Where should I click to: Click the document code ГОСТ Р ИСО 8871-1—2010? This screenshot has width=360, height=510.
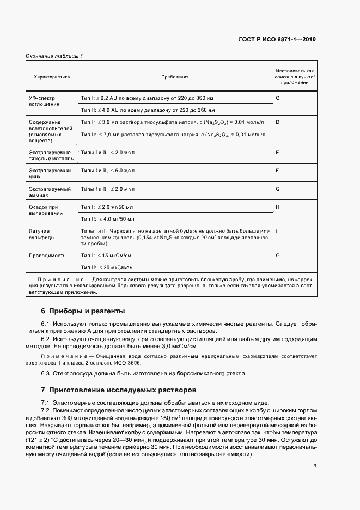pyautogui.click(x=277, y=39)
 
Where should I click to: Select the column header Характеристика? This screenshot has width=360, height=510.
pyautogui.click(x=52, y=77)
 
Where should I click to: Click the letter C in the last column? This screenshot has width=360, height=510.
pyautogui.click(x=278, y=97)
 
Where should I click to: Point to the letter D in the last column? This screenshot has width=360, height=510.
pyautogui.click(x=278, y=122)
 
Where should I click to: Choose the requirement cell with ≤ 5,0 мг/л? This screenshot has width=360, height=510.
pyautogui.click(x=107, y=171)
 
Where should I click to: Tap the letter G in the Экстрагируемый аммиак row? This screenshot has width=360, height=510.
pyautogui.click(x=278, y=189)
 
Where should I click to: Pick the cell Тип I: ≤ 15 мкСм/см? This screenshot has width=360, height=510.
pyautogui.click(x=107, y=255)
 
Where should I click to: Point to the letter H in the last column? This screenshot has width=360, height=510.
pyautogui.click(x=278, y=207)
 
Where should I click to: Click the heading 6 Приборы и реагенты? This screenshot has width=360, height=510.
pyautogui.click(x=83, y=311)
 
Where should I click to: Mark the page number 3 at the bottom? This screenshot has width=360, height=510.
pyautogui.click(x=315, y=465)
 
